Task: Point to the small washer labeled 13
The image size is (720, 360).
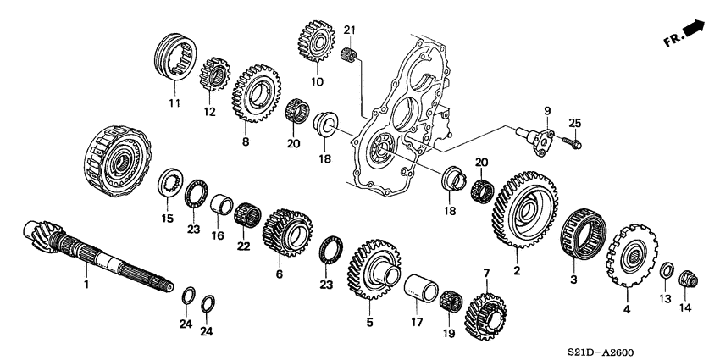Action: tap(666, 271)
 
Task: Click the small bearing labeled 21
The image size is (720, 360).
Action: tap(346, 56)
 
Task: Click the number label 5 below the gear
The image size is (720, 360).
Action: tap(368, 323)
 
